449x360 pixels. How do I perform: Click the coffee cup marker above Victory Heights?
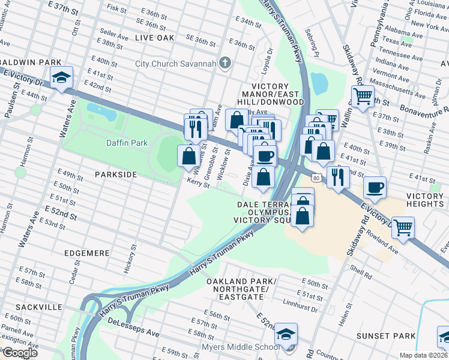tap(375, 188)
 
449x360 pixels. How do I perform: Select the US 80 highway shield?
tap(316, 177)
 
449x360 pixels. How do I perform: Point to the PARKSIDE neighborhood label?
tap(116, 174)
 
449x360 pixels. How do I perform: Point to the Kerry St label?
tap(197, 184)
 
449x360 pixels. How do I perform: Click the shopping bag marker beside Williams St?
tap(188, 156)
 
